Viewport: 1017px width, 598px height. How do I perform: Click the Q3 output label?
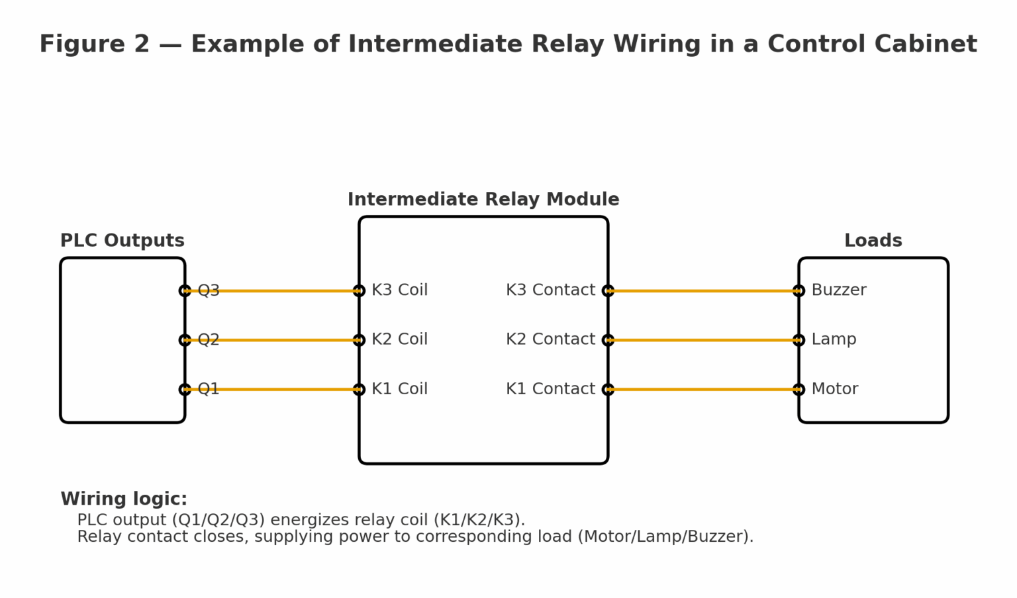209,290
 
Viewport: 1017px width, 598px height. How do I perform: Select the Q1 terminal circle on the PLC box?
185,390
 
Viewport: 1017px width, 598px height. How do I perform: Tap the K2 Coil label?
399,339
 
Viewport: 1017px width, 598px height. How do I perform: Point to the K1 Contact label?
550,389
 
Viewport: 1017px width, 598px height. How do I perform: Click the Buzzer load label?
838,290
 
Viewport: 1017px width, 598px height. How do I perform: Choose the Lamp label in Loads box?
834,339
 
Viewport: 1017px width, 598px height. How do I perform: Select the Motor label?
834,389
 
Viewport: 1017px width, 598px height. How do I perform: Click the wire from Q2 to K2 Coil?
271,340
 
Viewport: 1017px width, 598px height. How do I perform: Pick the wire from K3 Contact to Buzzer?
703,290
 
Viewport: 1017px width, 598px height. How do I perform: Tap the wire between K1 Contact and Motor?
703,390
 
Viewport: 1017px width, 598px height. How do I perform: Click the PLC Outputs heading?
122,241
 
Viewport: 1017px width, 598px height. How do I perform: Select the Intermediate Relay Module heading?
483,200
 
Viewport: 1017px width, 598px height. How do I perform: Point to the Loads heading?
873,241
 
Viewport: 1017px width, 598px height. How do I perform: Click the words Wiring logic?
124,499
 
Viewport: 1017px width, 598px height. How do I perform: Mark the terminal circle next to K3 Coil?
359,290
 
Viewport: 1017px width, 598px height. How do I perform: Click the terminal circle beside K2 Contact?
608,340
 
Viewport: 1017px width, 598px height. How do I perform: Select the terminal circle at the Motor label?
799,390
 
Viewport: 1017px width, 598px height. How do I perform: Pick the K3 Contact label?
550,290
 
